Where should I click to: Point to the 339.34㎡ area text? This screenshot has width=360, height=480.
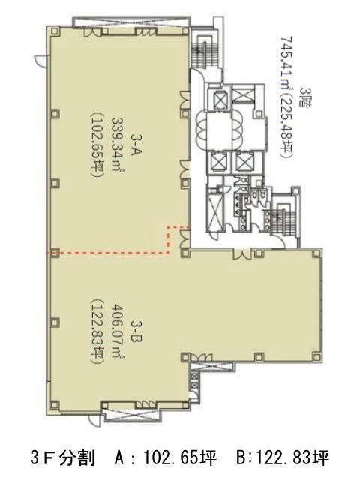click(118, 145)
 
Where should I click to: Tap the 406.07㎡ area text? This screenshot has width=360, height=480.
click(118, 331)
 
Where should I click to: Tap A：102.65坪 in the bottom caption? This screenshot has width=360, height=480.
click(165, 458)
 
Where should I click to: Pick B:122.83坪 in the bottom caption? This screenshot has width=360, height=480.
click(283, 458)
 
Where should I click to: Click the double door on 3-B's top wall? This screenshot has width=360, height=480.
click(242, 254)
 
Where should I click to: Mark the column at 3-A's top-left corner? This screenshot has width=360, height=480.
click(55, 31)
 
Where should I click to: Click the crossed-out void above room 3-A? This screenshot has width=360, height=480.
click(130, 22)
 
